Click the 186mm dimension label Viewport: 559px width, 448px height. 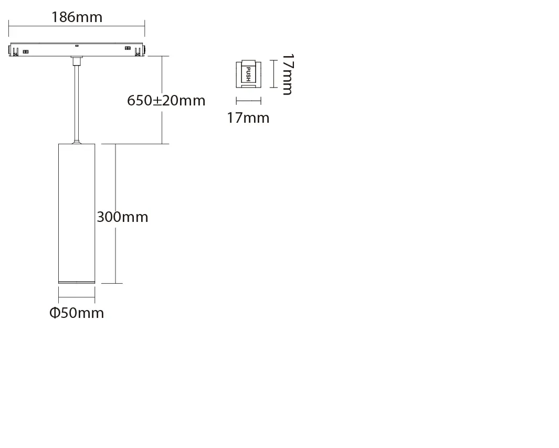[77, 17]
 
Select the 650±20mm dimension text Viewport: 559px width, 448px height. [166, 100]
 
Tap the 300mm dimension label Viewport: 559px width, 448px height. [122, 217]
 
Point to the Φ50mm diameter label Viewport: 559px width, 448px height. [77, 313]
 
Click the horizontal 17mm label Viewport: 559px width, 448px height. [248, 118]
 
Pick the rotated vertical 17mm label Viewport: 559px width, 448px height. [287, 74]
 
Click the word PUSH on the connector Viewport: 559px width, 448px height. [249, 74]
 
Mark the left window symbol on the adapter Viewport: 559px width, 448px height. [26, 51]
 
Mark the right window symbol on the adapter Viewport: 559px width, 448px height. [128, 49]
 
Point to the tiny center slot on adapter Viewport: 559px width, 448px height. [77, 45]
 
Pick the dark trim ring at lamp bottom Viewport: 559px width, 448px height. [76, 282]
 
